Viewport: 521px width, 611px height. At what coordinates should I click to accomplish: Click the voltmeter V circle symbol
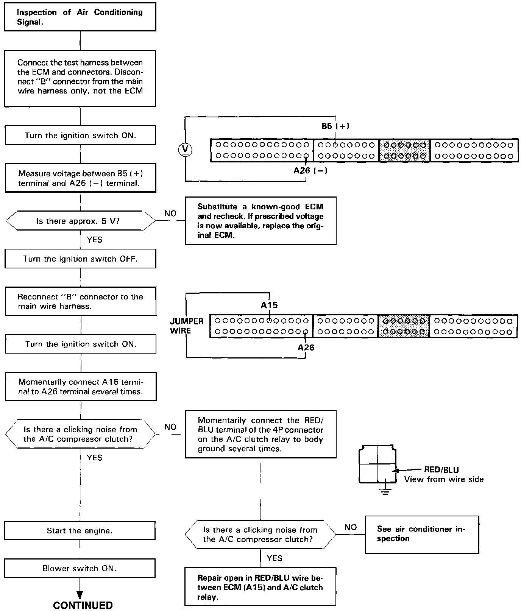pos(185,150)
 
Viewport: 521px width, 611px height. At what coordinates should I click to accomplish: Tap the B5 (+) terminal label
pos(335,126)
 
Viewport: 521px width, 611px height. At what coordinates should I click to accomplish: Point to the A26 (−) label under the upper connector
pos(310,170)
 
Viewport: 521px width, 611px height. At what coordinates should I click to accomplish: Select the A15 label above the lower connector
pos(269,305)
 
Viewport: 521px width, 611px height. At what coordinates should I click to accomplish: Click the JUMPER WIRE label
pos(187,326)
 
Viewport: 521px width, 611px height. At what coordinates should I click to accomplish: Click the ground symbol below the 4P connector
pos(385,492)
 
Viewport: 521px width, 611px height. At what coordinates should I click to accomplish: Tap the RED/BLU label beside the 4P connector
pos(441,470)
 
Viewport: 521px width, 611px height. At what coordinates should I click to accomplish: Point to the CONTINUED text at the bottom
pos(83,605)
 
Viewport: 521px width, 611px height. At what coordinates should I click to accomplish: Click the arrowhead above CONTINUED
pos(80,595)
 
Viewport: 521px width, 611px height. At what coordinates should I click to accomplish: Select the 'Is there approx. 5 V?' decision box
pos(81,221)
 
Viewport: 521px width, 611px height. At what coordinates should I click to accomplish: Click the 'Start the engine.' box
pos(80,531)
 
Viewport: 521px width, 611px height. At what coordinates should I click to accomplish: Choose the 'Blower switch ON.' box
pos(80,568)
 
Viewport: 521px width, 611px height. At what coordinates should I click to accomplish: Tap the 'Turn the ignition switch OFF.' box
pos(80,259)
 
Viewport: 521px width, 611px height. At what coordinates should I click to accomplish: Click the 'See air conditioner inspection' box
pos(422,534)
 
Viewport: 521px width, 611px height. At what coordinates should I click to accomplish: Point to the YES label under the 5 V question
pos(94,240)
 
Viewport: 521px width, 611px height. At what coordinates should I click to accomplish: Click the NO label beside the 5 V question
pos(170,214)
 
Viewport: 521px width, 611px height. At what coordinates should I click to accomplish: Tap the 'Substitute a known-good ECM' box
pos(260,221)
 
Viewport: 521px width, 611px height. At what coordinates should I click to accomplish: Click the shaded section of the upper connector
pos(404,150)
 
